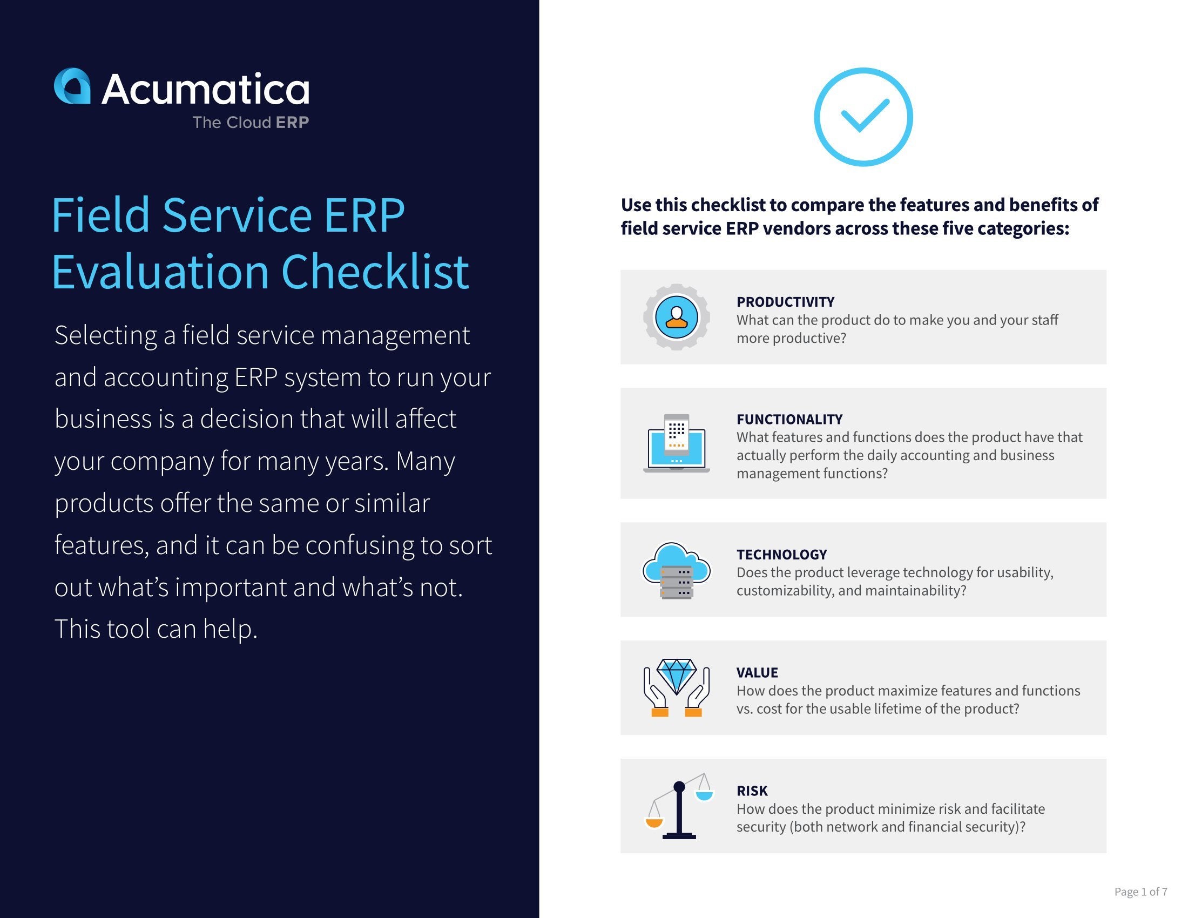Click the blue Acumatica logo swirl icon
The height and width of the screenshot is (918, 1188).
pos(72,86)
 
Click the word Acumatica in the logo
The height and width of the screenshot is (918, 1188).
pos(205,89)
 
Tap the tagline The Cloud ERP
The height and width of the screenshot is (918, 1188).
pos(250,123)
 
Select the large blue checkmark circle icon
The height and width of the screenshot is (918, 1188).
pos(863,117)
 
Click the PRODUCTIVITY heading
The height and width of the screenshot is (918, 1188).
pos(785,302)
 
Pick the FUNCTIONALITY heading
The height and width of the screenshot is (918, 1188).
pos(789,419)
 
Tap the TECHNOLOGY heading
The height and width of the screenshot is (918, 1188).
pos(781,555)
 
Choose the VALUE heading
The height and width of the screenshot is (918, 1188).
pos(757,673)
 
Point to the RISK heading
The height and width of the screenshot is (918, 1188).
pos(752,791)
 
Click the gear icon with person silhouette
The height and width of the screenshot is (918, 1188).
pos(676,317)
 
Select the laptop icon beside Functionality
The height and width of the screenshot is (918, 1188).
pos(676,443)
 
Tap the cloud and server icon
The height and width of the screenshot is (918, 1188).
pos(676,570)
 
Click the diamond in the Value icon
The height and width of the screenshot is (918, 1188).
pos(676,675)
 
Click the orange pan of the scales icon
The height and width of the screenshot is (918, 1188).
pos(654,822)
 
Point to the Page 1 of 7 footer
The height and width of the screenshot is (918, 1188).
pos(1140,892)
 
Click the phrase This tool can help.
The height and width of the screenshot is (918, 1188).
pos(156,629)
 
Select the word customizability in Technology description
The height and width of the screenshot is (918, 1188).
pos(784,591)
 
